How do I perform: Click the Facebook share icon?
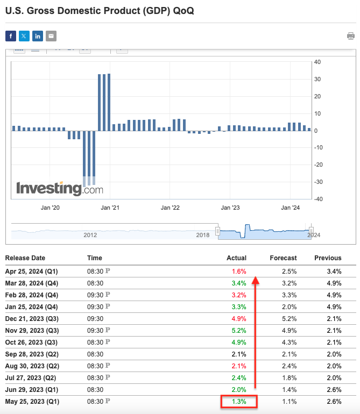11,36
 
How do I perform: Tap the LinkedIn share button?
38,36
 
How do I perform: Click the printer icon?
351,36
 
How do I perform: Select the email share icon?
51,36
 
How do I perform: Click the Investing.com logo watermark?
59,189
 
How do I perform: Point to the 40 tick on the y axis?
317,62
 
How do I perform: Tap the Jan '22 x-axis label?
170,208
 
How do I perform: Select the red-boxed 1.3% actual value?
238,401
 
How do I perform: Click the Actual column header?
236,258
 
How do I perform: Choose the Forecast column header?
283,258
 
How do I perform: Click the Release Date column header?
25,258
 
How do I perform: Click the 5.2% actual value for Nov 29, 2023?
238,330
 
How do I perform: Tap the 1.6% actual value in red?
238,272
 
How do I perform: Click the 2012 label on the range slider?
90,235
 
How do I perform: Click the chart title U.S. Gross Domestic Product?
100,11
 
